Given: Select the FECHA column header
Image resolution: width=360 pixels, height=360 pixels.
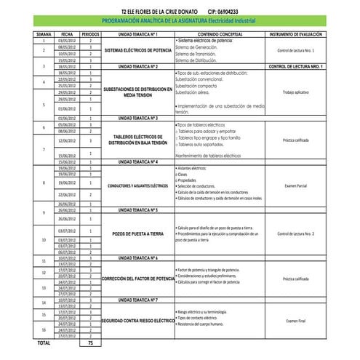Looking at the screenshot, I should [x=66, y=34].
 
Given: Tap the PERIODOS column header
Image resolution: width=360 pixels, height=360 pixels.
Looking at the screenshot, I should [x=90, y=34].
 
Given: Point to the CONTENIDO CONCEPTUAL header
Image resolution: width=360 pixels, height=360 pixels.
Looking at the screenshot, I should [x=220, y=34].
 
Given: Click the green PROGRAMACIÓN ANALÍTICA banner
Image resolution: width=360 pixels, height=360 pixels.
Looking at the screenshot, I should [x=180, y=23].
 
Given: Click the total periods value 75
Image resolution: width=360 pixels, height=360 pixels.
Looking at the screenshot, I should [x=90, y=342].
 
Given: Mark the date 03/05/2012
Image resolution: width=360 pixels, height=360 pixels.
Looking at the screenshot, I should [x=66, y=40].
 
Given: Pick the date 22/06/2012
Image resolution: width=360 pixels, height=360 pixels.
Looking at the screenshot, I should [x=66, y=195].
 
